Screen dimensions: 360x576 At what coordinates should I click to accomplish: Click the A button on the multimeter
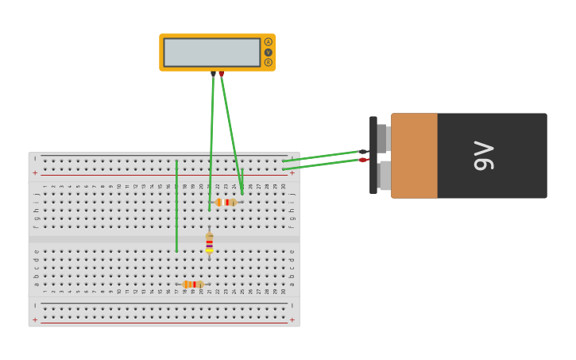(x=268, y=42)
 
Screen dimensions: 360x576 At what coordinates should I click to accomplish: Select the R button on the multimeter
(x=268, y=62)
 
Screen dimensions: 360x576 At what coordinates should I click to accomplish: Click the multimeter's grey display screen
(x=211, y=52)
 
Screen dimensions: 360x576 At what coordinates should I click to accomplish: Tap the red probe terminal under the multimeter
(x=221, y=74)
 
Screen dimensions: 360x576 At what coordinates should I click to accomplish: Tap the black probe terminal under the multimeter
(x=213, y=74)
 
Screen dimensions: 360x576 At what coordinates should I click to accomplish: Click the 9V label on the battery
(x=484, y=156)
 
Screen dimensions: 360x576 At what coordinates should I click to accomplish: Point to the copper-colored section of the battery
(x=414, y=156)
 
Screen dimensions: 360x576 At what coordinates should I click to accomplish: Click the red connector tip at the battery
(x=363, y=160)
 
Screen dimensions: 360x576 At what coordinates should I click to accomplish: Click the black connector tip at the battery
(x=363, y=152)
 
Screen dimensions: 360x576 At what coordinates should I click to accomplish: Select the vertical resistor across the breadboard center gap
(x=209, y=242)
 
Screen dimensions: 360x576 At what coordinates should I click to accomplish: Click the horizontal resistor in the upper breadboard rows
(x=226, y=202)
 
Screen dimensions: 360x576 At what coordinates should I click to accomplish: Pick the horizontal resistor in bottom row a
(x=193, y=284)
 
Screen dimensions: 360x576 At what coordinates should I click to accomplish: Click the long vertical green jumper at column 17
(x=176, y=207)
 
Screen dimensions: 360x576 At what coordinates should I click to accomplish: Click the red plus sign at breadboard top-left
(x=35, y=172)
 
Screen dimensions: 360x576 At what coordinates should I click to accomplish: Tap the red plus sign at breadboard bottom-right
(x=292, y=319)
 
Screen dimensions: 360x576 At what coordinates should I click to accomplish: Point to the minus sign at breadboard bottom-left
(x=35, y=305)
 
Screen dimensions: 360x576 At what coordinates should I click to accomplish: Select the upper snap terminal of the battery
(x=383, y=137)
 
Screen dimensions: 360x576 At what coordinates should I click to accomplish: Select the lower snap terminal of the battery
(x=384, y=176)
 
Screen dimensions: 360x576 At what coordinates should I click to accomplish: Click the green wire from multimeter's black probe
(x=211, y=143)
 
